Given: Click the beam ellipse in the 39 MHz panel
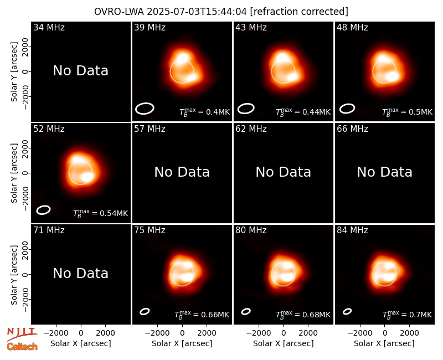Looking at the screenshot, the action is point(136,109).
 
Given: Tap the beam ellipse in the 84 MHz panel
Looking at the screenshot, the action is point(343,312).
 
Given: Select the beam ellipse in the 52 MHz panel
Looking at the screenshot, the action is point(37,210).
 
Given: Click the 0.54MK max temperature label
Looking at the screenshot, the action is point(101,213).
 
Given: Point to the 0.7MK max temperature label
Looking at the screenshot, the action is point(408,315).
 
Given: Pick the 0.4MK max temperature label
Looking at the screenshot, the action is point(205,112).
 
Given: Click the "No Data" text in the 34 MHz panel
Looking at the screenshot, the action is point(81,70).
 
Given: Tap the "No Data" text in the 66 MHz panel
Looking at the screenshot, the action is point(385,172).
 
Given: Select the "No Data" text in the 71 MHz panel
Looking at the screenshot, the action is point(81,273).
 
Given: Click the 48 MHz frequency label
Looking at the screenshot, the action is point(352,27).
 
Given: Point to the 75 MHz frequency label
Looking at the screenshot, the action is point(150,230).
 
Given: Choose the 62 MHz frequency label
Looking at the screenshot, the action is point(251,129).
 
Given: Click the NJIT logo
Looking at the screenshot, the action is point(22,334).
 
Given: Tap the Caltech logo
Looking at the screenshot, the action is point(22,347).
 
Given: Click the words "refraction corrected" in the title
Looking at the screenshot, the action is point(299,12).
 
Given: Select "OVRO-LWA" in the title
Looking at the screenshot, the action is point(119,12).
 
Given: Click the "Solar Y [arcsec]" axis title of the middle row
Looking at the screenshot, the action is point(14,173).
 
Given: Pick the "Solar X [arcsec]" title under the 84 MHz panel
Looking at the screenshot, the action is point(384,343).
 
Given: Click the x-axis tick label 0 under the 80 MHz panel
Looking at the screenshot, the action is point(284,333).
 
